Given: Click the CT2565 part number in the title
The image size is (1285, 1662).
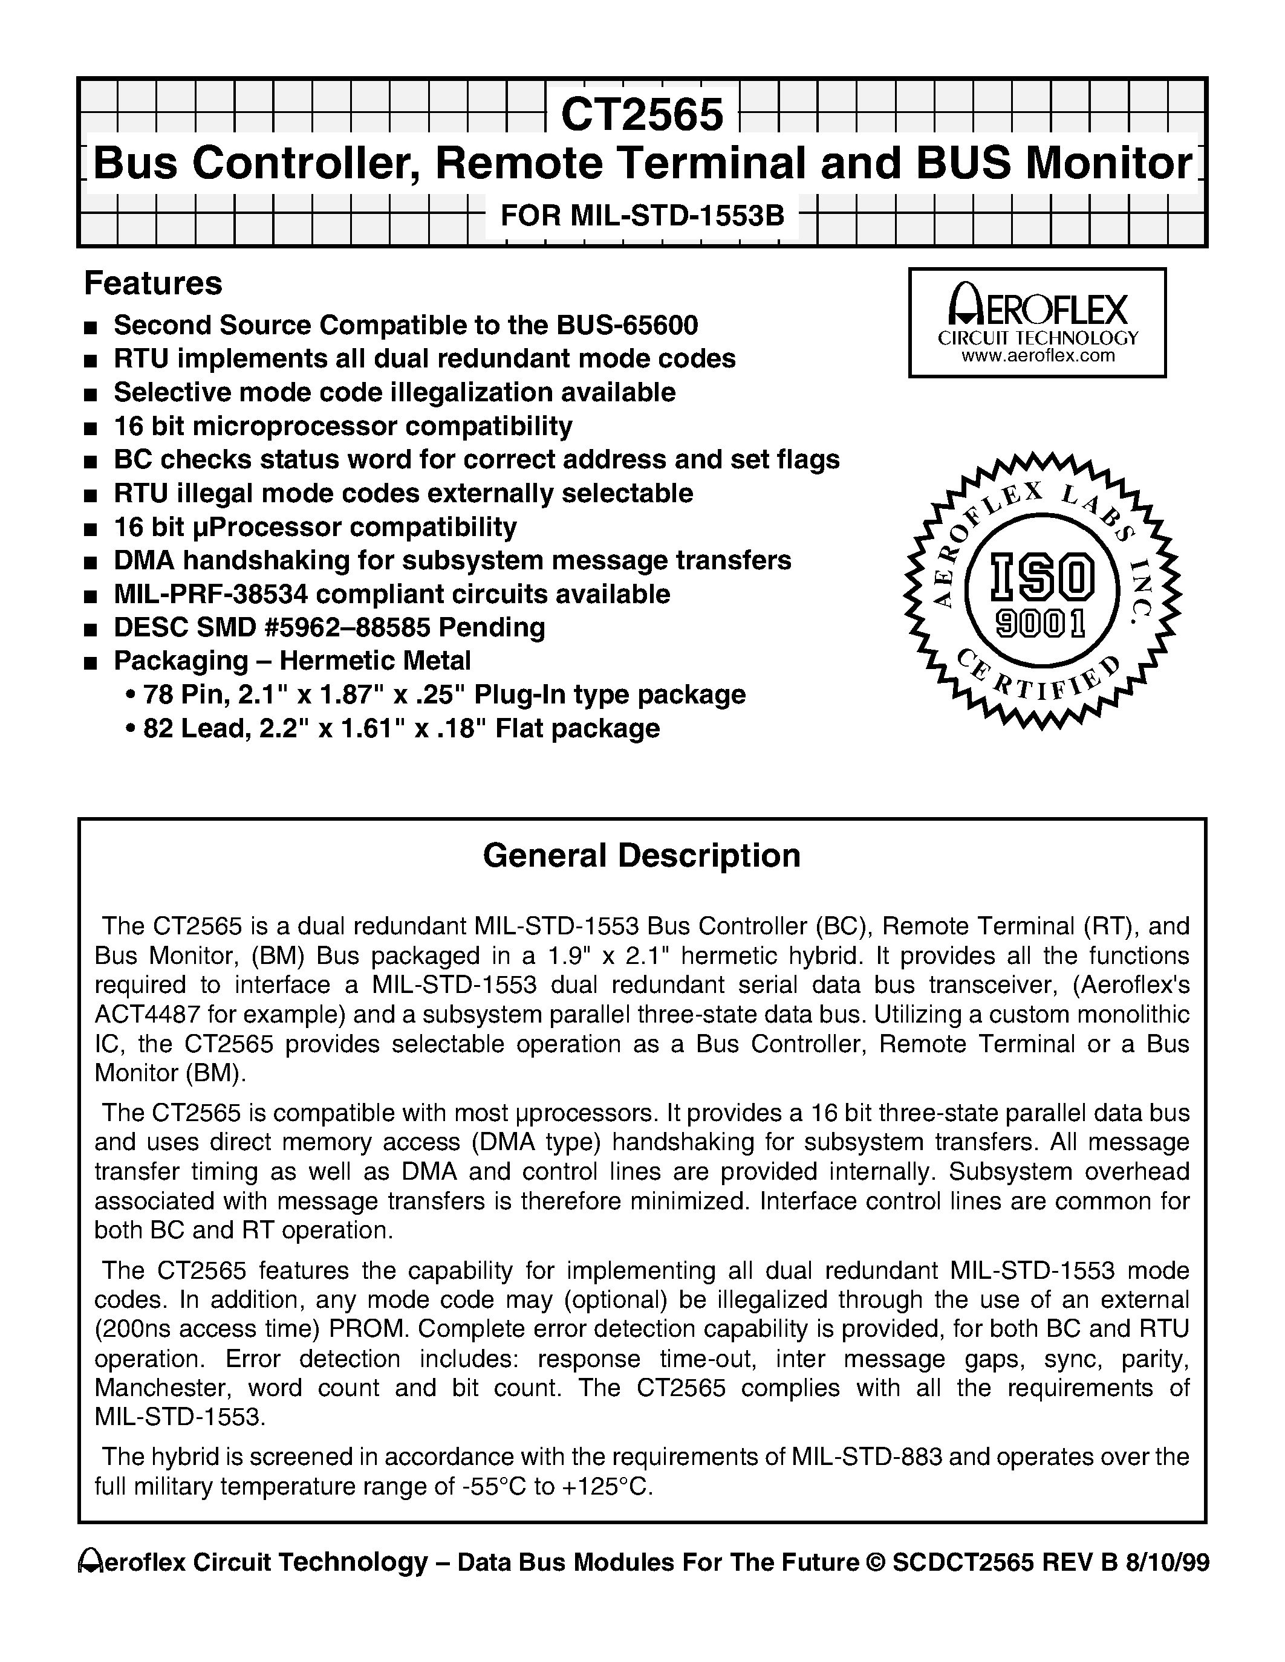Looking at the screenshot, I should (x=642, y=115).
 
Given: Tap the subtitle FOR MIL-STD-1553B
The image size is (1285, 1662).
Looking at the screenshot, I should (x=642, y=216).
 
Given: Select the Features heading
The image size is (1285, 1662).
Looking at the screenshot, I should (x=153, y=284).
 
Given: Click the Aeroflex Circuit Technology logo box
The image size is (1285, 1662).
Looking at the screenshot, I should (x=1037, y=323).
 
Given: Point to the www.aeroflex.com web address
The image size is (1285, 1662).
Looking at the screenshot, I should (x=1038, y=356).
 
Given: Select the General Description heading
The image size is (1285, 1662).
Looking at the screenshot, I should (x=642, y=855).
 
